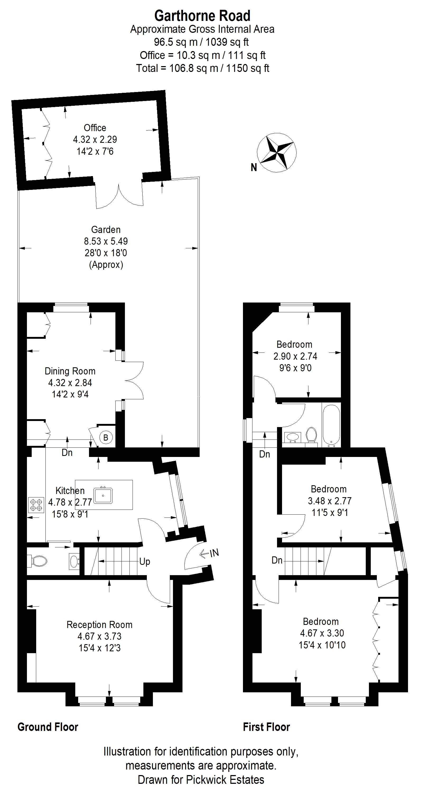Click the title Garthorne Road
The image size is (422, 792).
[x=202, y=16]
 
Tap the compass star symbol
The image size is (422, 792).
[x=276, y=153]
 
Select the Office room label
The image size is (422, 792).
[x=95, y=128]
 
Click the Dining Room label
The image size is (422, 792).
[x=70, y=371]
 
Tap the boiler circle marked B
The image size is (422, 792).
[x=106, y=437]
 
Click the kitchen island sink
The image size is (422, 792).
[x=103, y=495]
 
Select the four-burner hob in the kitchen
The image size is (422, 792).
[x=36, y=505]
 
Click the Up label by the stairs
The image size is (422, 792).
[x=145, y=562]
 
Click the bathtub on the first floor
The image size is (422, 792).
[x=331, y=425]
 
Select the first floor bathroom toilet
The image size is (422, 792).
[x=311, y=435]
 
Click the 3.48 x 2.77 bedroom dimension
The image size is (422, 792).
[x=330, y=501]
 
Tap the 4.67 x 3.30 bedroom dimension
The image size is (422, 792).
[x=322, y=633]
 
